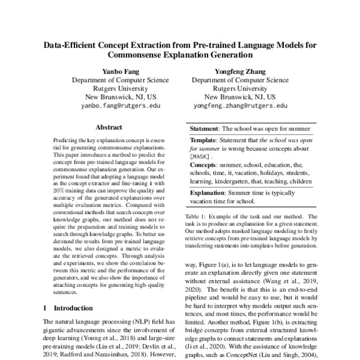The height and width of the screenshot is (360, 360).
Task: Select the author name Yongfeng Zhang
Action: click(x=240, y=71)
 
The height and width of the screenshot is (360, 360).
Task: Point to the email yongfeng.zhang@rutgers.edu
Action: click(x=240, y=105)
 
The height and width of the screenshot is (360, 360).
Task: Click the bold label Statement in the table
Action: click(x=205, y=128)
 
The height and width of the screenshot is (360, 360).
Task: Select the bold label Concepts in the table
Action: click(x=205, y=164)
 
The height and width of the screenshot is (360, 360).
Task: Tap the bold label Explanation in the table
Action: click(x=208, y=194)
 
